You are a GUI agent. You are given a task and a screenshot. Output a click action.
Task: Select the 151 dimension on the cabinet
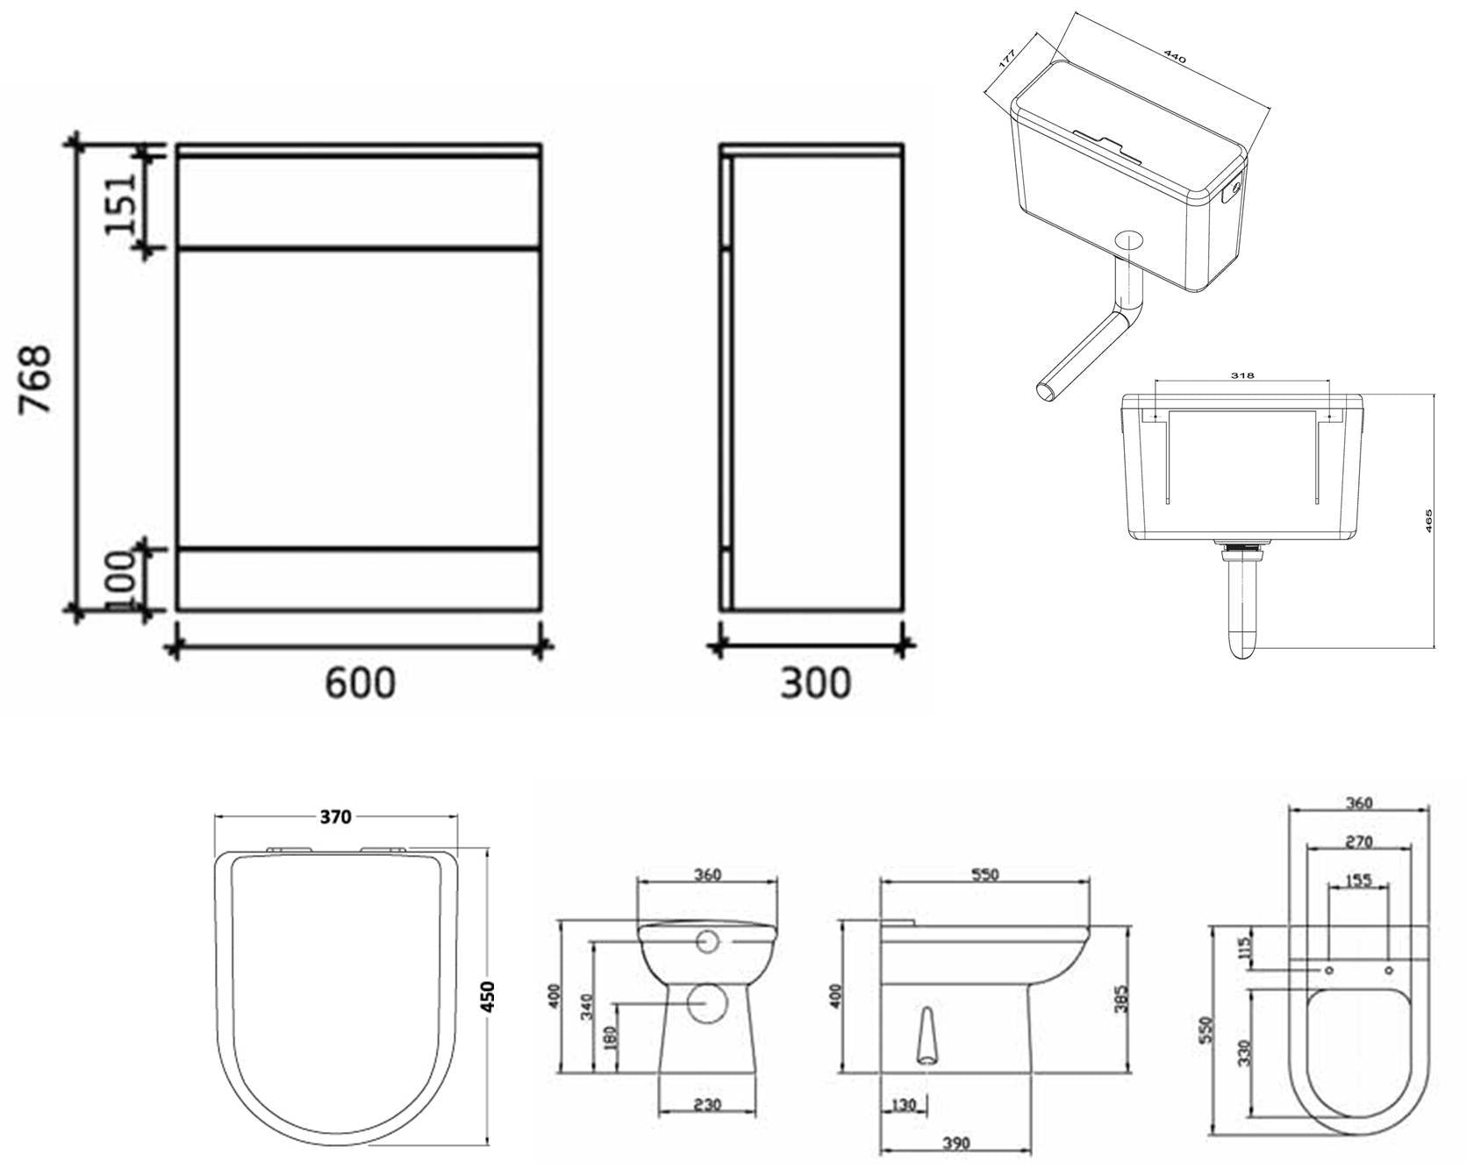pyautogui.click(x=121, y=203)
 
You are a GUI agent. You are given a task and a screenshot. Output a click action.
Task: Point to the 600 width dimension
pyautogui.click(x=360, y=683)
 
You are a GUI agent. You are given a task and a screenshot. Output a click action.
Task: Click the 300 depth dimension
pyautogui.click(x=815, y=683)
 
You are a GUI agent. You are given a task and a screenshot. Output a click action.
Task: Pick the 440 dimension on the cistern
pyautogui.click(x=1174, y=57)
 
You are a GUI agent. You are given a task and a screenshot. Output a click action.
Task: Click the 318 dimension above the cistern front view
pyautogui.click(x=1241, y=375)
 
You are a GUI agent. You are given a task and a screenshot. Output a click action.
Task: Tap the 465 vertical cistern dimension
pyautogui.click(x=1428, y=521)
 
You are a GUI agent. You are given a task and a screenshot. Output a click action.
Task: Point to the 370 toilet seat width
pyautogui.click(x=335, y=816)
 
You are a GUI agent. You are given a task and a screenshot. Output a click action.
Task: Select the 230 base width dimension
pyautogui.click(x=706, y=1105)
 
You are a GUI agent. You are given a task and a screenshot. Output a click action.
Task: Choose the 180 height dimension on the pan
pyautogui.click(x=611, y=1037)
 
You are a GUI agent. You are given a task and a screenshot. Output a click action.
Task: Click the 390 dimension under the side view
pyautogui.click(x=956, y=1143)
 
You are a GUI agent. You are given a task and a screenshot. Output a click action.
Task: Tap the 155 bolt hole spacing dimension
pyautogui.click(x=1358, y=880)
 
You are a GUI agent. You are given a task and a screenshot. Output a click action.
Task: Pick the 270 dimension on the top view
pyautogui.click(x=1358, y=842)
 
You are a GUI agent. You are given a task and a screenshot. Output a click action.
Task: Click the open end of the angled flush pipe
pyautogui.click(x=1046, y=390)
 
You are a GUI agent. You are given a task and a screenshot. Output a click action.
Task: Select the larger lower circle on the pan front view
pyautogui.click(x=706, y=1002)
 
